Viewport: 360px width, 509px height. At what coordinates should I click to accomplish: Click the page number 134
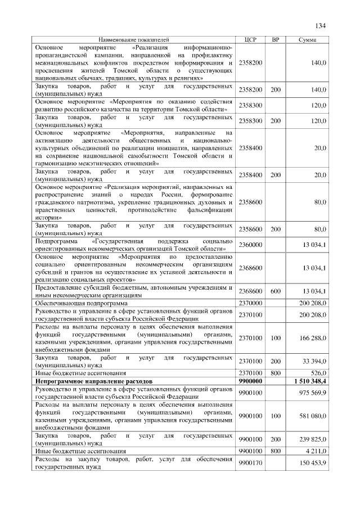tap(321, 25)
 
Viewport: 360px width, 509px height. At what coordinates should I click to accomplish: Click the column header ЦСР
tap(251, 40)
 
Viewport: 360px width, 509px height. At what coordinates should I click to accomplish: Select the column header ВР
tap(275, 40)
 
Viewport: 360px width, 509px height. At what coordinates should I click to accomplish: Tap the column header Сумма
tap(307, 40)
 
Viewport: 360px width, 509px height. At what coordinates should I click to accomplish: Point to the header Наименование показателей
tap(133, 40)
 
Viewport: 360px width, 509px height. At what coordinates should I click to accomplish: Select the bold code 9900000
tap(250, 381)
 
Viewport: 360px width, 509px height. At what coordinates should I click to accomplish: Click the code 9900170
tap(250, 463)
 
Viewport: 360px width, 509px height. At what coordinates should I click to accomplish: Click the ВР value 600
tap(275, 291)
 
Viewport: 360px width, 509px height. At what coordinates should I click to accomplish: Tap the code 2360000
tap(250, 245)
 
